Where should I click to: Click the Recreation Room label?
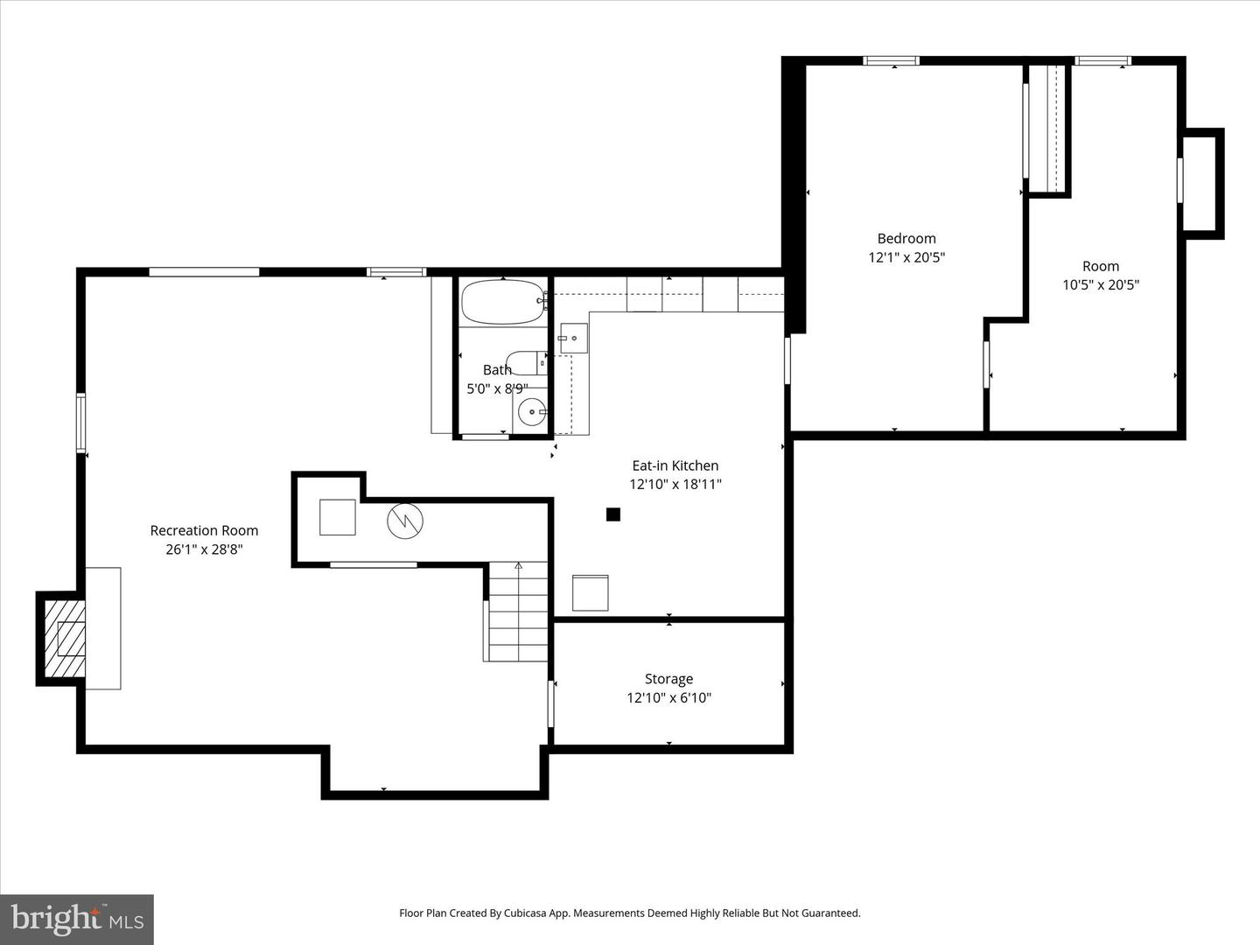click(x=204, y=530)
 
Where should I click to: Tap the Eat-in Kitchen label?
click(x=675, y=465)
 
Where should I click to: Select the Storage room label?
click(x=668, y=679)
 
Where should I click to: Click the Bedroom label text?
click(x=906, y=238)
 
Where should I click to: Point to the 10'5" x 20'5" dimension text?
click(x=1100, y=285)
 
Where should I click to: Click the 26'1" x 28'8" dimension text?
click(x=204, y=549)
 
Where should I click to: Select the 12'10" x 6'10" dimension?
click(x=668, y=698)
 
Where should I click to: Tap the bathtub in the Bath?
click(x=502, y=303)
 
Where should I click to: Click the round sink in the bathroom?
click(x=531, y=411)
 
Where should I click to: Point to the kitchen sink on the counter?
click(x=573, y=338)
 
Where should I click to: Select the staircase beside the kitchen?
click(x=517, y=612)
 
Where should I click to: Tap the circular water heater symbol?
click(x=405, y=521)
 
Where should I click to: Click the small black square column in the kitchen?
click(x=613, y=514)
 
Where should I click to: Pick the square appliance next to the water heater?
click(x=337, y=517)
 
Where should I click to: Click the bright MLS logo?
click(x=77, y=919)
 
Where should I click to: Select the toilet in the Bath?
click(x=527, y=362)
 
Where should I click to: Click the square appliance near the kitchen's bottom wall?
click(x=590, y=592)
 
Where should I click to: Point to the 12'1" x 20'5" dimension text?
click(x=906, y=257)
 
